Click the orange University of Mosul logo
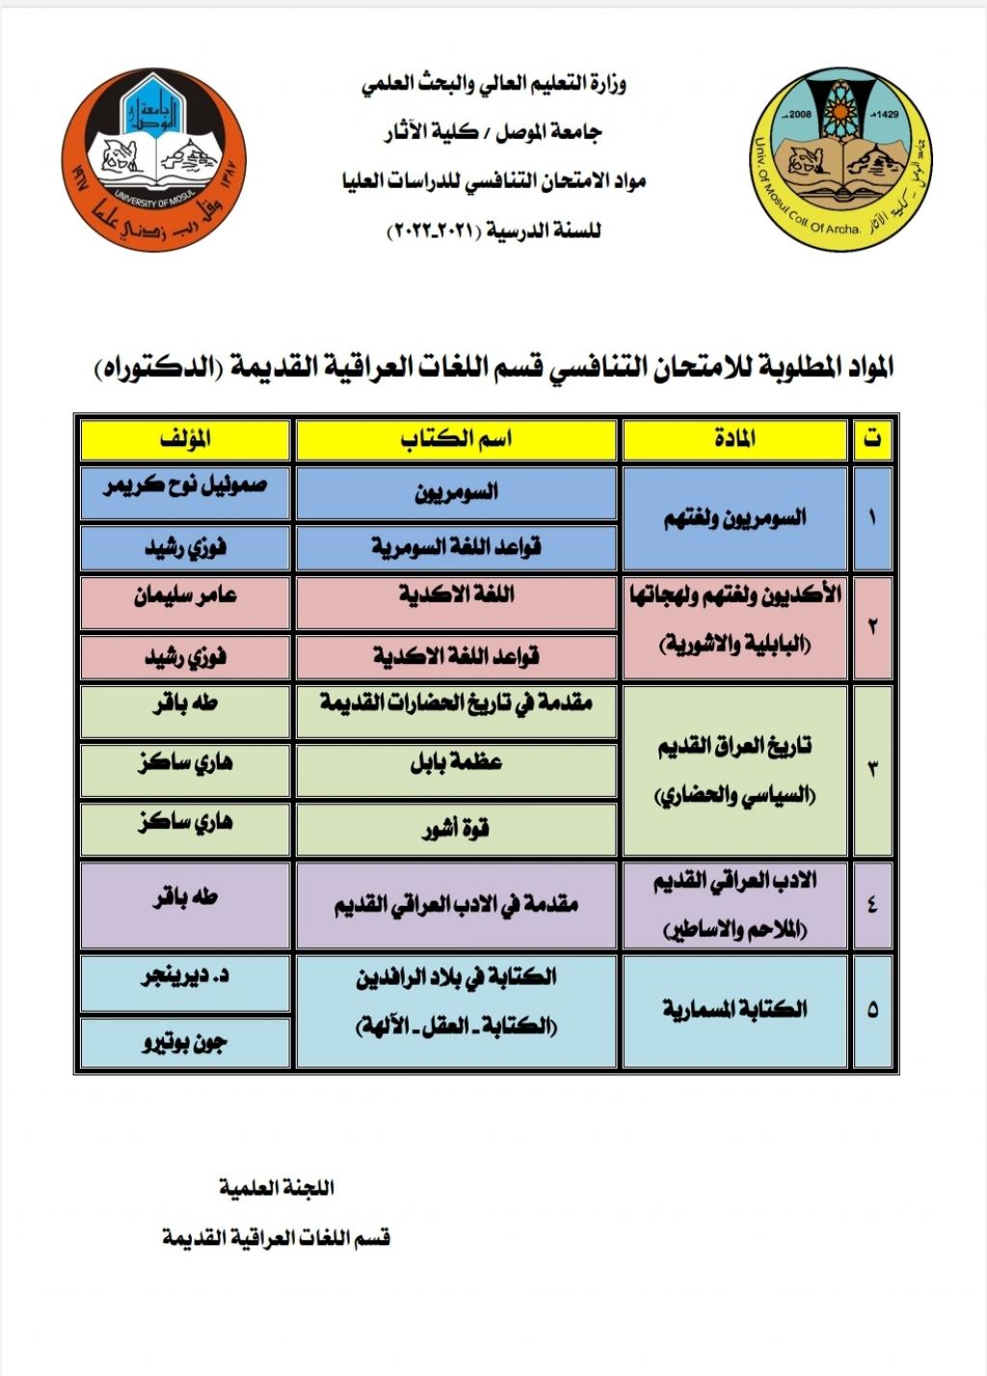[153, 160]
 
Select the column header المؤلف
[185, 439]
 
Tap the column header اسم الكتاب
[456, 439]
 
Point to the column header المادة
[734, 439]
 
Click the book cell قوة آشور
[456, 829]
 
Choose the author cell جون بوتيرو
[185, 1042]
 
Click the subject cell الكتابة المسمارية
[734, 1010]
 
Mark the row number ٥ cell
[872, 1010]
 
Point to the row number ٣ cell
[872, 769]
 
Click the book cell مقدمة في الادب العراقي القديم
[456, 905]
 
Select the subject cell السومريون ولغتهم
[734, 518]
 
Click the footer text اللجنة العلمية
[276, 1188]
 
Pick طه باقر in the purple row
[185, 898]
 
